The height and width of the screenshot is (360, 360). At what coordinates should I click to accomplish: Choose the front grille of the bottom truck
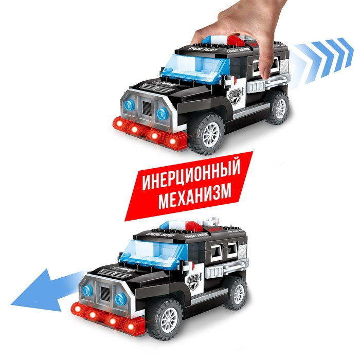[103, 294]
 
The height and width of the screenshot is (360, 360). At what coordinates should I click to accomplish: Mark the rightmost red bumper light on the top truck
[170, 139]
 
